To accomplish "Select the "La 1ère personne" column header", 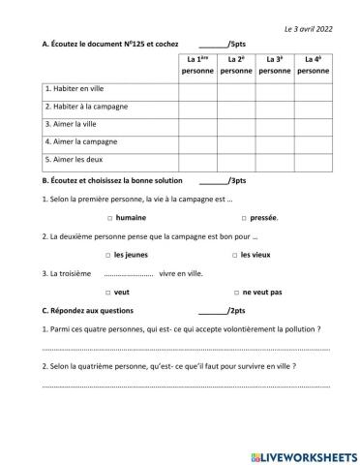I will click(198, 65).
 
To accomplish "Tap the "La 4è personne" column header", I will click(312, 65).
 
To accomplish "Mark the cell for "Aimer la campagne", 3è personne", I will click(274, 141).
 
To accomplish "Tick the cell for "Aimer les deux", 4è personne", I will click(312, 159).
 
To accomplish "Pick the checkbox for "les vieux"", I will click(234, 255).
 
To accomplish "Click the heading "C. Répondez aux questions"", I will click(88, 310).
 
